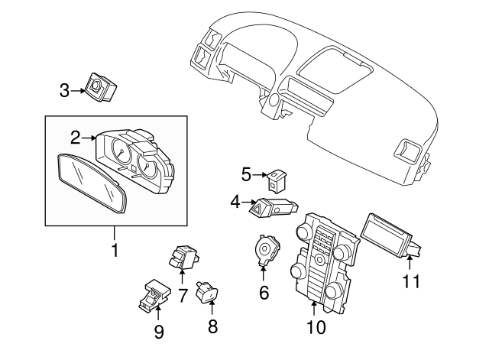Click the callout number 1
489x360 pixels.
pos(115,250)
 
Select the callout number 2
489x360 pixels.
pos(75,138)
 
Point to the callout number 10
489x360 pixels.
pos(316,328)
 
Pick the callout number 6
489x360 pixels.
pos(264,291)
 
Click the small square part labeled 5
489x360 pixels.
pos(276,180)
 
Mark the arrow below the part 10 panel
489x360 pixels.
pos(314,309)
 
